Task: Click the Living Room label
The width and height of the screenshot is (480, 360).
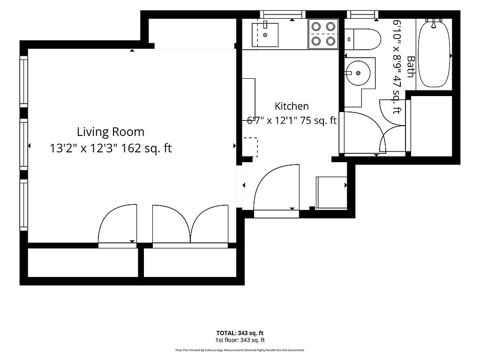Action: pyautogui.click(x=111, y=132)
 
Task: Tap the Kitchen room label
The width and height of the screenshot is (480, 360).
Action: pyautogui.click(x=292, y=106)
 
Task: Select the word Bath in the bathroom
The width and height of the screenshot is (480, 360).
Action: pyautogui.click(x=411, y=67)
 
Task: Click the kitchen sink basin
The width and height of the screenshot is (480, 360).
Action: pyautogui.click(x=265, y=35)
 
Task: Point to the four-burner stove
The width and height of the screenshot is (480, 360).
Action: pyautogui.click(x=323, y=34)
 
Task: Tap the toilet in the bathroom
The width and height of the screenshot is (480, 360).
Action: pyautogui.click(x=362, y=39)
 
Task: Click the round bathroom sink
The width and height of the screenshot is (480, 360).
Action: pyautogui.click(x=358, y=73)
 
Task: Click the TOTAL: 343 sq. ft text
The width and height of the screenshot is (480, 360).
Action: pyautogui.click(x=240, y=333)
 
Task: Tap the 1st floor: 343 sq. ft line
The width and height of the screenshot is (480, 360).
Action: pyautogui.click(x=240, y=340)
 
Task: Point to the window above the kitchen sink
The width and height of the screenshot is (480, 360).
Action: pyautogui.click(x=283, y=14)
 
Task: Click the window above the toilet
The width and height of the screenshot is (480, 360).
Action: pyautogui.click(x=363, y=14)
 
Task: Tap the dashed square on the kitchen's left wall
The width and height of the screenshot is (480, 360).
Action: pyautogui.click(x=250, y=147)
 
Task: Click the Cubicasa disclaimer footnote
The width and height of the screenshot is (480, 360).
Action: pyautogui.click(x=240, y=350)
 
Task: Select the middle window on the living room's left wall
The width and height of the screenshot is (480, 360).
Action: pyautogui.click(x=24, y=144)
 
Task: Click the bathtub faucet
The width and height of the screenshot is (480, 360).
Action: pyautogui.click(x=434, y=23)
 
